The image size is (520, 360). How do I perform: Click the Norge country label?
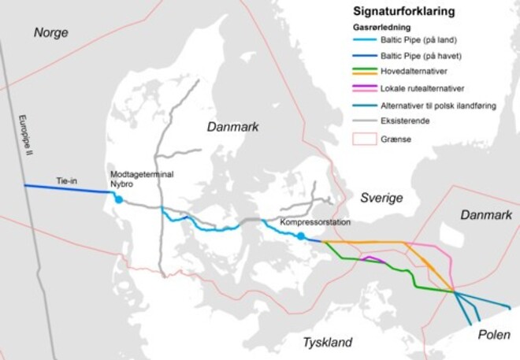(51, 33)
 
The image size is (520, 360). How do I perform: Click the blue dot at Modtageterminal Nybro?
(119, 199)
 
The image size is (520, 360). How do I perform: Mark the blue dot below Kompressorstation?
(301, 236)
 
